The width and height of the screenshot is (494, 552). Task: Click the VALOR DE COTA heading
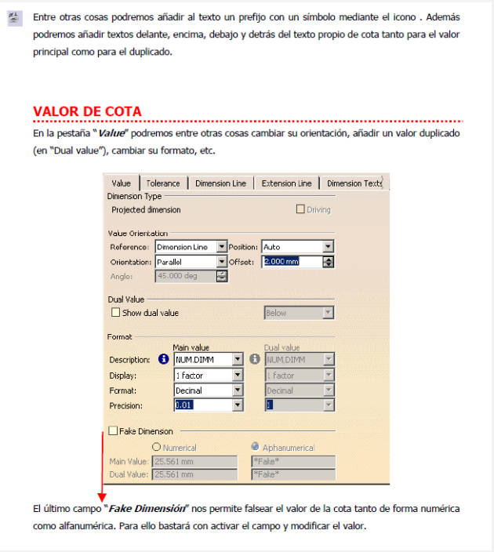coord(87,111)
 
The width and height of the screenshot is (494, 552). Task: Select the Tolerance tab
coord(163,183)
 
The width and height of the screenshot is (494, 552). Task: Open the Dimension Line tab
coord(220,183)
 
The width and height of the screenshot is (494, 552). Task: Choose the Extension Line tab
coord(286,183)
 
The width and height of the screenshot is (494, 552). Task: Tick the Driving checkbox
coord(300,209)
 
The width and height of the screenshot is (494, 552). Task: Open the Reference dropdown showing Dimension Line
coord(191,247)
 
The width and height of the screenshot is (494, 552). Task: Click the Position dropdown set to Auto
coord(297,247)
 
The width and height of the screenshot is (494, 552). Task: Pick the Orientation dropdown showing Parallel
coord(191,261)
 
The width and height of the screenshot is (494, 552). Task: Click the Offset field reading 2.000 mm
coord(291,261)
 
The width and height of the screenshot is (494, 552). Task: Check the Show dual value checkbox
coord(116,313)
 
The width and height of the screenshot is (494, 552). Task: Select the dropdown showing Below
coord(299,313)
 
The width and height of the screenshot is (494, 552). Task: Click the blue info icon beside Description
coord(164,360)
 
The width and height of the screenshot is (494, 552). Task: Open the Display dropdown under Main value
coord(208,375)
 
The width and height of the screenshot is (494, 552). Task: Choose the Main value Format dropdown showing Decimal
coord(208,390)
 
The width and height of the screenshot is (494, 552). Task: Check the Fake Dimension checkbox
coord(113,431)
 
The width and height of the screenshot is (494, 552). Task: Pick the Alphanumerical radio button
coord(255,447)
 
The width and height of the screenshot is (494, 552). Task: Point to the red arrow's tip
coord(101,500)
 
